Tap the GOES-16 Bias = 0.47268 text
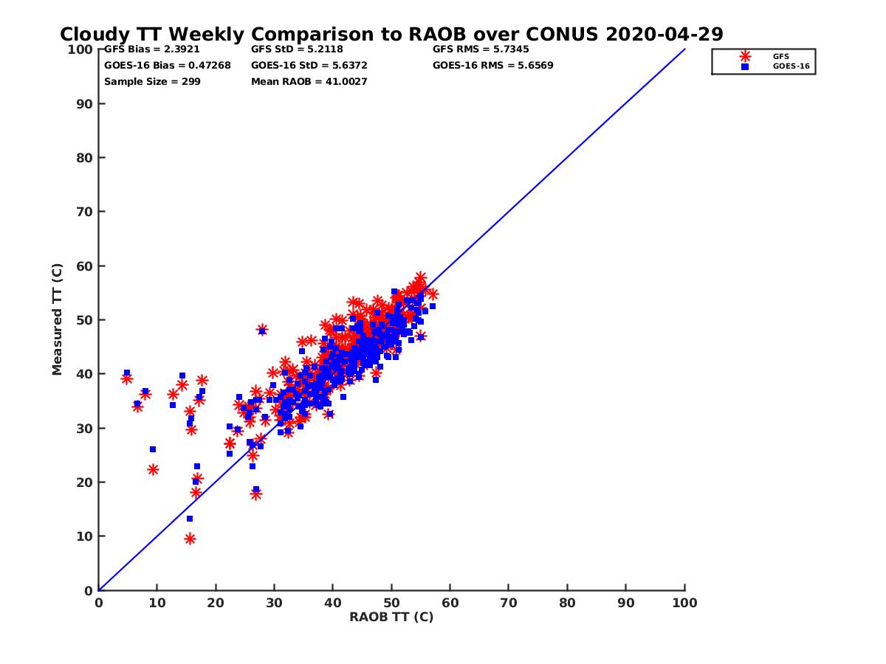[x=167, y=65]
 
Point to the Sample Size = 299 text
[x=152, y=81]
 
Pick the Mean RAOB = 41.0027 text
[x=309, y=81]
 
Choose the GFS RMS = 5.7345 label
[x=481, y=49]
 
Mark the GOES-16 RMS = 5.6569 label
[x=493, y=65]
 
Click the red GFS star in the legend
[x=745, y=56]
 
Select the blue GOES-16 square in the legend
[x=745, y=66]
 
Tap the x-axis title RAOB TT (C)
[x=391, y=617]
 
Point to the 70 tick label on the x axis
[x=509, y=602]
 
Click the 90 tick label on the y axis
[x=84, y=103]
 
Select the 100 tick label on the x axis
[x=684, y=602]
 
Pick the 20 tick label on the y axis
[x=84, y=482]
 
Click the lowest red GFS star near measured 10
[x=190, y=539]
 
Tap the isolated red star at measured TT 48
[x=262, y=330]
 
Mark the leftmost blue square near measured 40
[x=127, y=373]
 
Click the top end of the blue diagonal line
[x=684, y=49]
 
